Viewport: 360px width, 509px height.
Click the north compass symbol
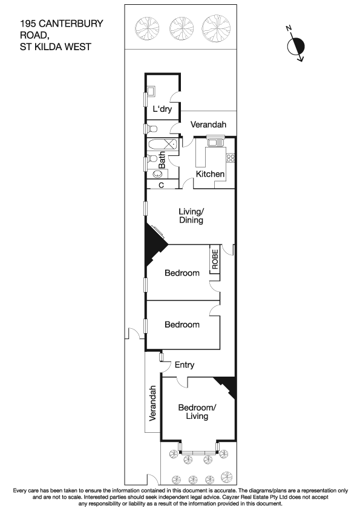pos(297,47)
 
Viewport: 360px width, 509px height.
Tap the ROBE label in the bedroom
pos(214,260)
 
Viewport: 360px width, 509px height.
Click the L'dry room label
pos(162,109)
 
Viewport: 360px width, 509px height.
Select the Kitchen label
pos(210,174)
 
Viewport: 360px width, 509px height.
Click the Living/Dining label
pos(191,216)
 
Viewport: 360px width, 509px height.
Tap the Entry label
pos(185,365)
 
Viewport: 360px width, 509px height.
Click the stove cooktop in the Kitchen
pos(230,158)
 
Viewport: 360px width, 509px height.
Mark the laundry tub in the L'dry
pos(151,91)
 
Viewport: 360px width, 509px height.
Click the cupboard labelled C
pos(162,186)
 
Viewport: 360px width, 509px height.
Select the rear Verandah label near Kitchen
pos(209,125)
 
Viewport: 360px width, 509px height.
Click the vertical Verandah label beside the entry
pos(153,403)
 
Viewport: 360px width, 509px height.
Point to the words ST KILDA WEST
pos(56,45)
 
